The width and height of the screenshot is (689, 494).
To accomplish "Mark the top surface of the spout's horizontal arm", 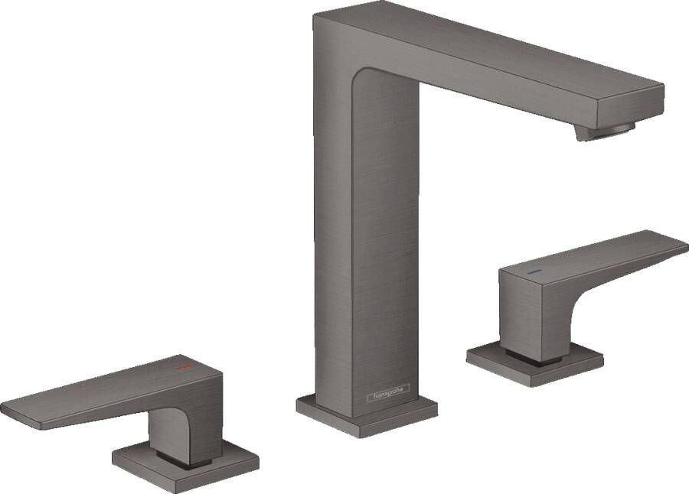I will pos(490,46).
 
